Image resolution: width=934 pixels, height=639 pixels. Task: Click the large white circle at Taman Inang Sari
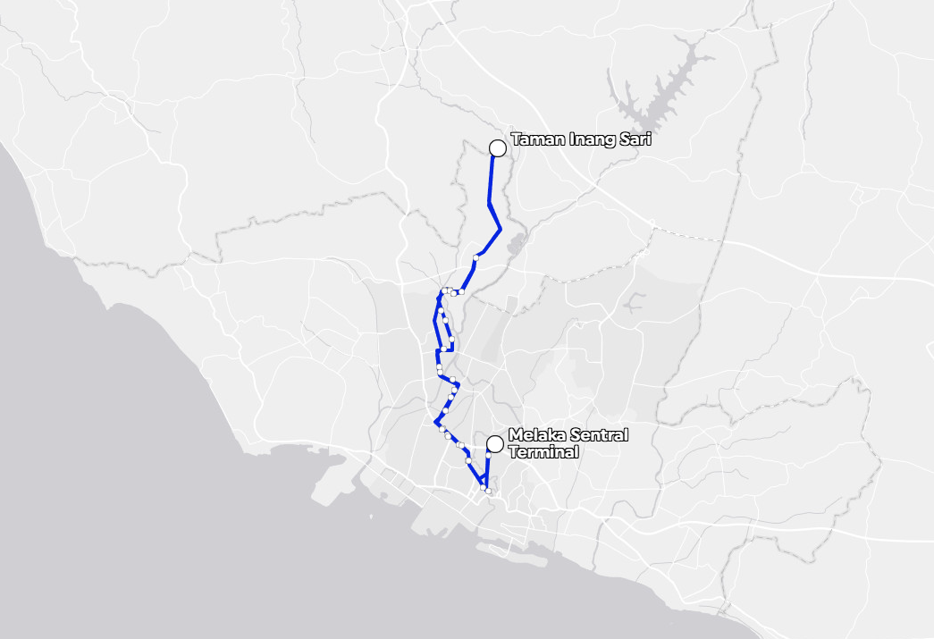498,148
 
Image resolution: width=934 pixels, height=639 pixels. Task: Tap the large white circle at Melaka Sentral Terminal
494,443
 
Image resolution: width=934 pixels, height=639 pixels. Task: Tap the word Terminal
543,452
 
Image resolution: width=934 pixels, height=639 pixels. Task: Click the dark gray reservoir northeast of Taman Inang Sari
666,85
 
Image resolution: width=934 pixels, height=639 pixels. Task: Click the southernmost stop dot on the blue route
488,492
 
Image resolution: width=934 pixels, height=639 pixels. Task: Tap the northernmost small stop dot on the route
476,257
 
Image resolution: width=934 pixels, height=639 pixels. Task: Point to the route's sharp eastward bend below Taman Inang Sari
501,230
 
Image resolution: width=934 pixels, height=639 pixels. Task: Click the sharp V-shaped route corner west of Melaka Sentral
435,422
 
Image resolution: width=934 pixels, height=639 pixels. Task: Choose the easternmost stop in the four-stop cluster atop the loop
462,291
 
